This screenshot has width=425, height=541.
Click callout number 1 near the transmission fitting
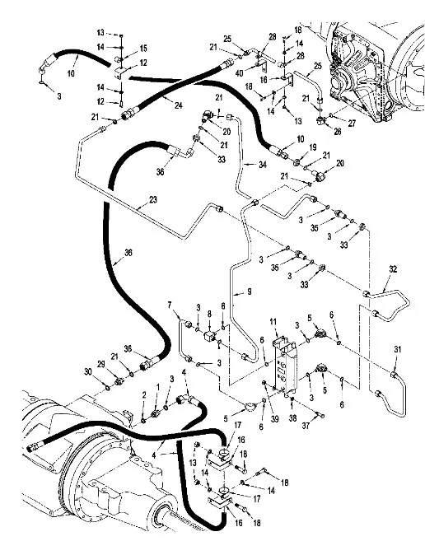[x=158, y=388]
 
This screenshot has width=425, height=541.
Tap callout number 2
[x=144, y=395]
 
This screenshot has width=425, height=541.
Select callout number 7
[x=170, y=305]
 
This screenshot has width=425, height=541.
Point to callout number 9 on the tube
[x=250, y=291]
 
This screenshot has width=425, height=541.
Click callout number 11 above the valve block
[x=273, y=322]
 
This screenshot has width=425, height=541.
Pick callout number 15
[x=143, y=49]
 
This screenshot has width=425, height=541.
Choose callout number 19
[x=312, y=147]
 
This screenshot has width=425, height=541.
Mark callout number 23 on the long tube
[x=153, y=200]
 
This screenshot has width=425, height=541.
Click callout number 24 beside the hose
[x=178, y=105]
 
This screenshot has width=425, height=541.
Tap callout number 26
[x=338, y=131]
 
